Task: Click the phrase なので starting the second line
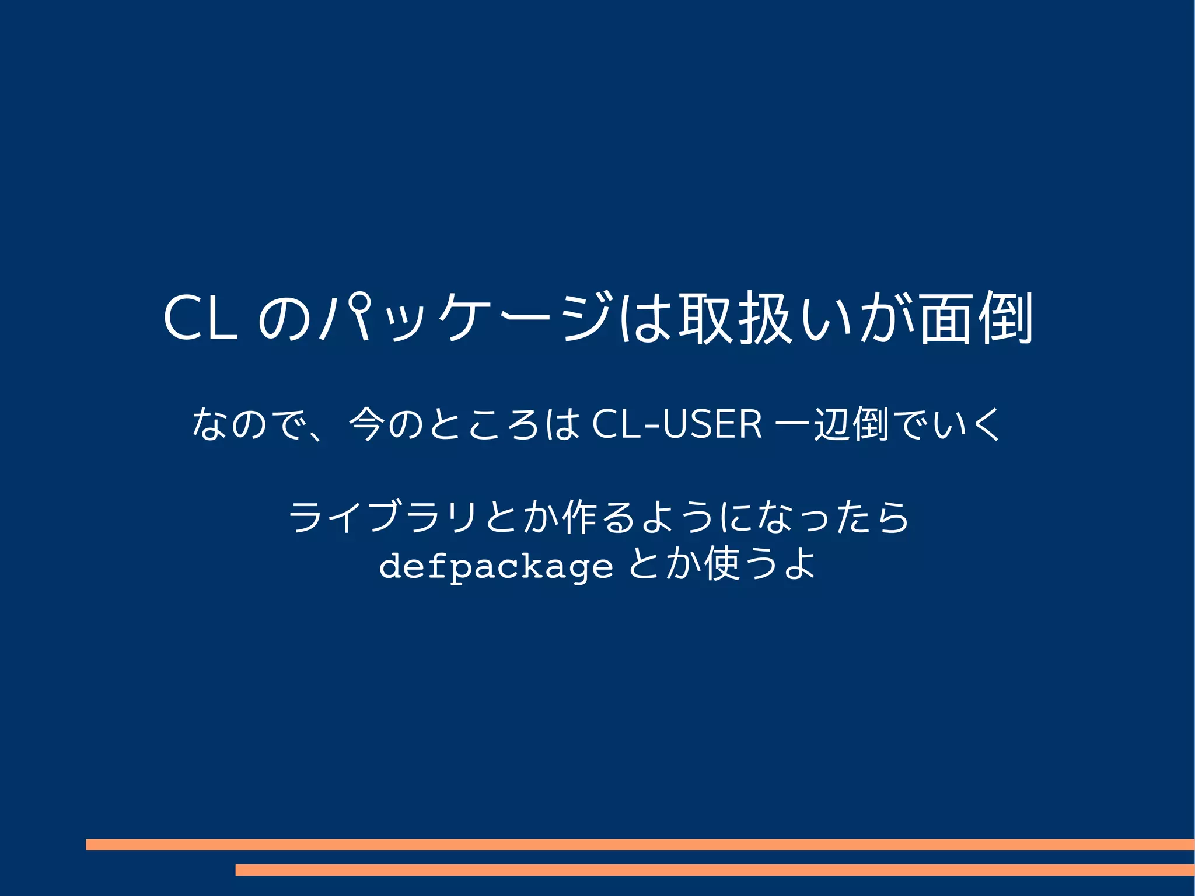[x=249, y=424]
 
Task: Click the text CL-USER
[x=677, y=424]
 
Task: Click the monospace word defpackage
[x=496, y=566]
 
